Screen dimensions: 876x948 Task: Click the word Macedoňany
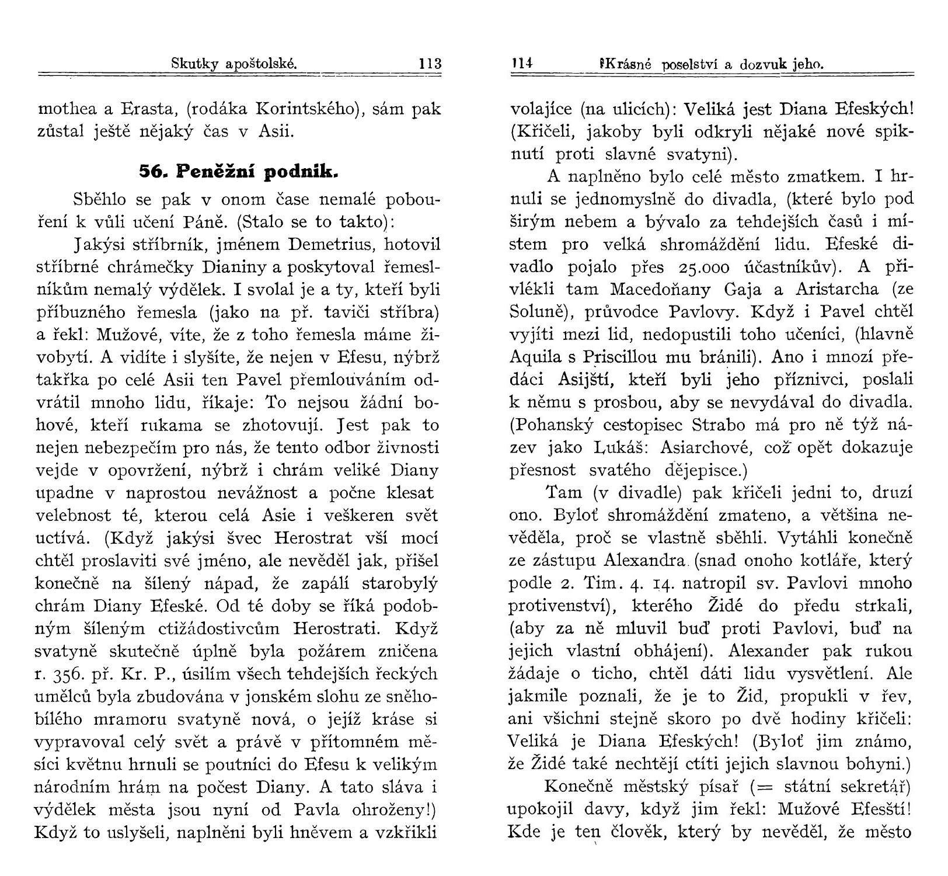click(x=659, y=290)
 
